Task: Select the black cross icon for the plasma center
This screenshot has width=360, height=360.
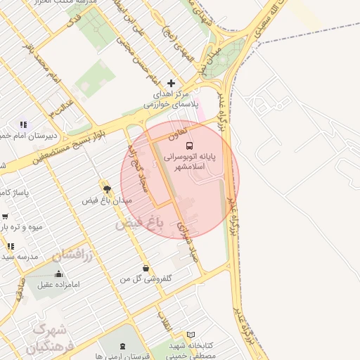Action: tap(170, 83)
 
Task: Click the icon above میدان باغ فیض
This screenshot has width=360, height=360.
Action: tap(107, 189)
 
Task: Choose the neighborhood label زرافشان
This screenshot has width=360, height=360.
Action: tap(72, 254)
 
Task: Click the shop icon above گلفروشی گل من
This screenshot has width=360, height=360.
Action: tap(146, 268)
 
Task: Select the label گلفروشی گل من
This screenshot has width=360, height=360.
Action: tap(146, 279)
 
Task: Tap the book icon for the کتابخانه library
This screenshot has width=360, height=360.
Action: tap(190, 335)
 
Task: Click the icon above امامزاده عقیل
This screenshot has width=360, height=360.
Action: tap(59, 274)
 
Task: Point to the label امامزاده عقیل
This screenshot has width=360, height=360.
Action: tap(60, 285)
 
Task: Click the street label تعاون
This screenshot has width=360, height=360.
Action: tap(176, 131)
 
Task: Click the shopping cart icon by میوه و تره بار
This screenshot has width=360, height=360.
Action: tap(5, 217)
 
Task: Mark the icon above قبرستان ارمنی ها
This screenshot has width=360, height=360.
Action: tap(124, 346)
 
